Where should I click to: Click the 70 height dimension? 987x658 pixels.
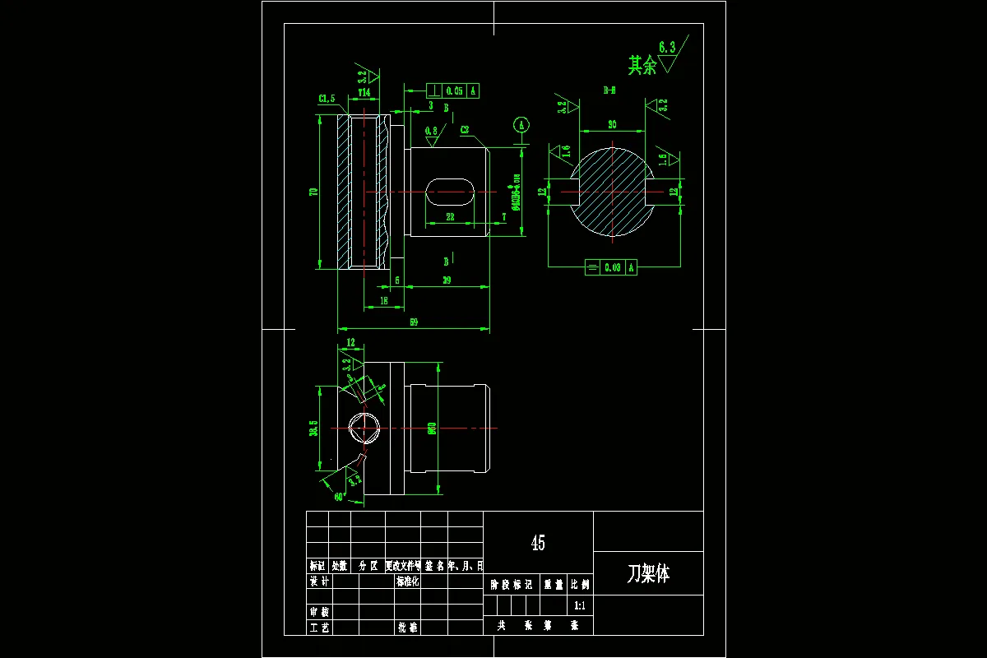click(x=313, y=192)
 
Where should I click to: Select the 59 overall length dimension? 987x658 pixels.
click(x=414, y=323)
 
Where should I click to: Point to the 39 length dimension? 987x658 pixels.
click(x=447, y=280)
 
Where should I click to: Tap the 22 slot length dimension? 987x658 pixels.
click(x=450, y=217)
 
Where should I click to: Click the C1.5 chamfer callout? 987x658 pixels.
click(x=327, y=100)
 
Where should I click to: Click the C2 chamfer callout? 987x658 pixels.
click(x=465, y=130)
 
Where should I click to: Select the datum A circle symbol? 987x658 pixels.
click(x=521, y=125)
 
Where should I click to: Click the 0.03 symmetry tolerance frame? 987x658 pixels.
click(x=610, y=267)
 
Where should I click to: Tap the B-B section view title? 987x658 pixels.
click(x=609, y=90)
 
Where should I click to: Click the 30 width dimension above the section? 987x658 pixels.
click(x=612, y=124)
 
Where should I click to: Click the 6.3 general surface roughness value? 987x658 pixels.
click(x=666, y=49)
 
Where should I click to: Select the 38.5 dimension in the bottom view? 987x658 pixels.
click(x=313, y=429)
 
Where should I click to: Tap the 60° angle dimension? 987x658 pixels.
click(x=339, y=497)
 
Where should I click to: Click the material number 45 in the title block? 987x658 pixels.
click(x=538, y=543)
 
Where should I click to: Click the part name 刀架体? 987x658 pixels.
click(x=648, y=574)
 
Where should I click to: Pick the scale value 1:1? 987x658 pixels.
click(x=579, y=605)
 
